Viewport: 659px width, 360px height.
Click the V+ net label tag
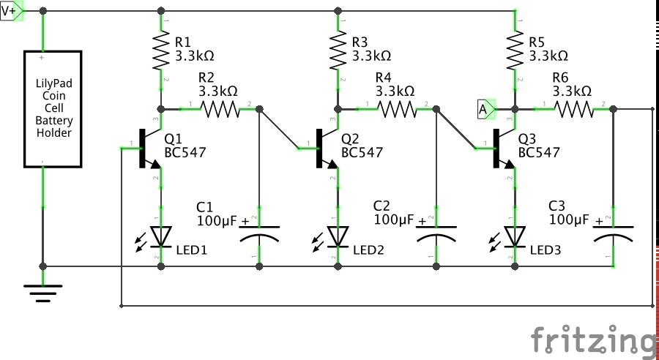coord(11,12)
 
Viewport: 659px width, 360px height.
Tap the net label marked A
coord(486,109)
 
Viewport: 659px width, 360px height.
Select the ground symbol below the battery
coord(43,293)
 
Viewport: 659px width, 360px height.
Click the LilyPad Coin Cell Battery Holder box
coord(53,109)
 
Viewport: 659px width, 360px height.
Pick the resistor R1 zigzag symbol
coord(161,50)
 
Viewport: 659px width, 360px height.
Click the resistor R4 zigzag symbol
coord(397,109)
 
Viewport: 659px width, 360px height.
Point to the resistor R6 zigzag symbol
coord(574,109)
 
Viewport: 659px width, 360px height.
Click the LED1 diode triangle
coord(161,236)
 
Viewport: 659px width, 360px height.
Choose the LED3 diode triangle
coord(515,236)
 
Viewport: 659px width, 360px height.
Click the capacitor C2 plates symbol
coord(436,234)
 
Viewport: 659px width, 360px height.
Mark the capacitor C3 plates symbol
coord(613,234)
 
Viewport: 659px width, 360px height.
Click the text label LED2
coord(368,250)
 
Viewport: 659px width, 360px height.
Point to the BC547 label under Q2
coord(362,152)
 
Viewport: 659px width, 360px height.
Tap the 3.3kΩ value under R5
coord(548,56)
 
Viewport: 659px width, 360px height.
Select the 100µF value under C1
coord(217,220)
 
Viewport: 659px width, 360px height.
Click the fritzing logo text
coord(593,340)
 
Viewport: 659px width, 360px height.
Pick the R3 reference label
coord(360,42)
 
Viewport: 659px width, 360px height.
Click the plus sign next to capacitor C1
coord(245,220)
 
